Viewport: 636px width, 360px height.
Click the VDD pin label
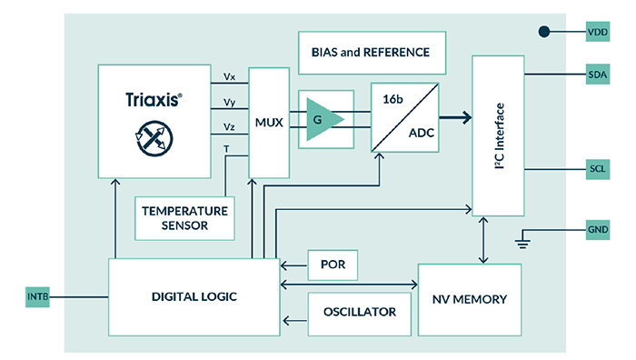coord(598,32)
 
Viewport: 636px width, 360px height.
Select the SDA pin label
coord(598,74)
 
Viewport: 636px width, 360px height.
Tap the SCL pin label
coord(598,170)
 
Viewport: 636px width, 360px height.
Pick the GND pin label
coord(598,229)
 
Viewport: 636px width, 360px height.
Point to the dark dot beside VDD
coord(544,32)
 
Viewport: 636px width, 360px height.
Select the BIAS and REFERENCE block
coord(372,53)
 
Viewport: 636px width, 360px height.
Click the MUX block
coord(267,121)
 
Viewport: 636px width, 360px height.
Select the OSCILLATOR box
coord(359,312)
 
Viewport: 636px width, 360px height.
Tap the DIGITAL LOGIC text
coord(189,297)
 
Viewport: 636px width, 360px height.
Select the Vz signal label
coord(230,126)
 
